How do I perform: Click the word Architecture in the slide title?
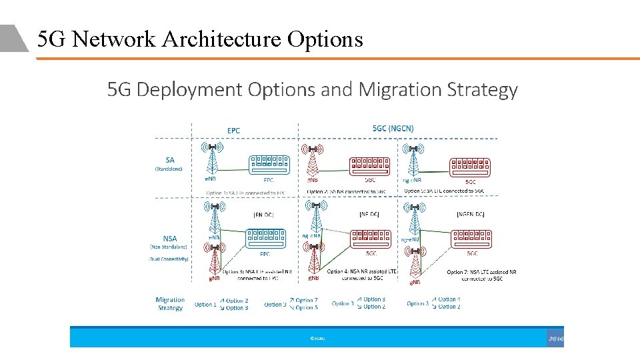223,40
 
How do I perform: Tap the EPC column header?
233,131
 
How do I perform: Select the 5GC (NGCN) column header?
393,128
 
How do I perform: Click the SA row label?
169,160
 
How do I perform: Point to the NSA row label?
169,239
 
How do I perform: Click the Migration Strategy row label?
170,304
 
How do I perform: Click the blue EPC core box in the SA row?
268,164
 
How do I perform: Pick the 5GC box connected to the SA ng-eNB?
471,166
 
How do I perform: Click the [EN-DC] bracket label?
263,215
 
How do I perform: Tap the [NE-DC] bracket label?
369,215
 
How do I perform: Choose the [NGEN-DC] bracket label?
471,215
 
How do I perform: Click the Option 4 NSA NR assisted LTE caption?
361,275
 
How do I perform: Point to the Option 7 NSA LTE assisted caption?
481,275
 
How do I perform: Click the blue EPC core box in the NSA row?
265,238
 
